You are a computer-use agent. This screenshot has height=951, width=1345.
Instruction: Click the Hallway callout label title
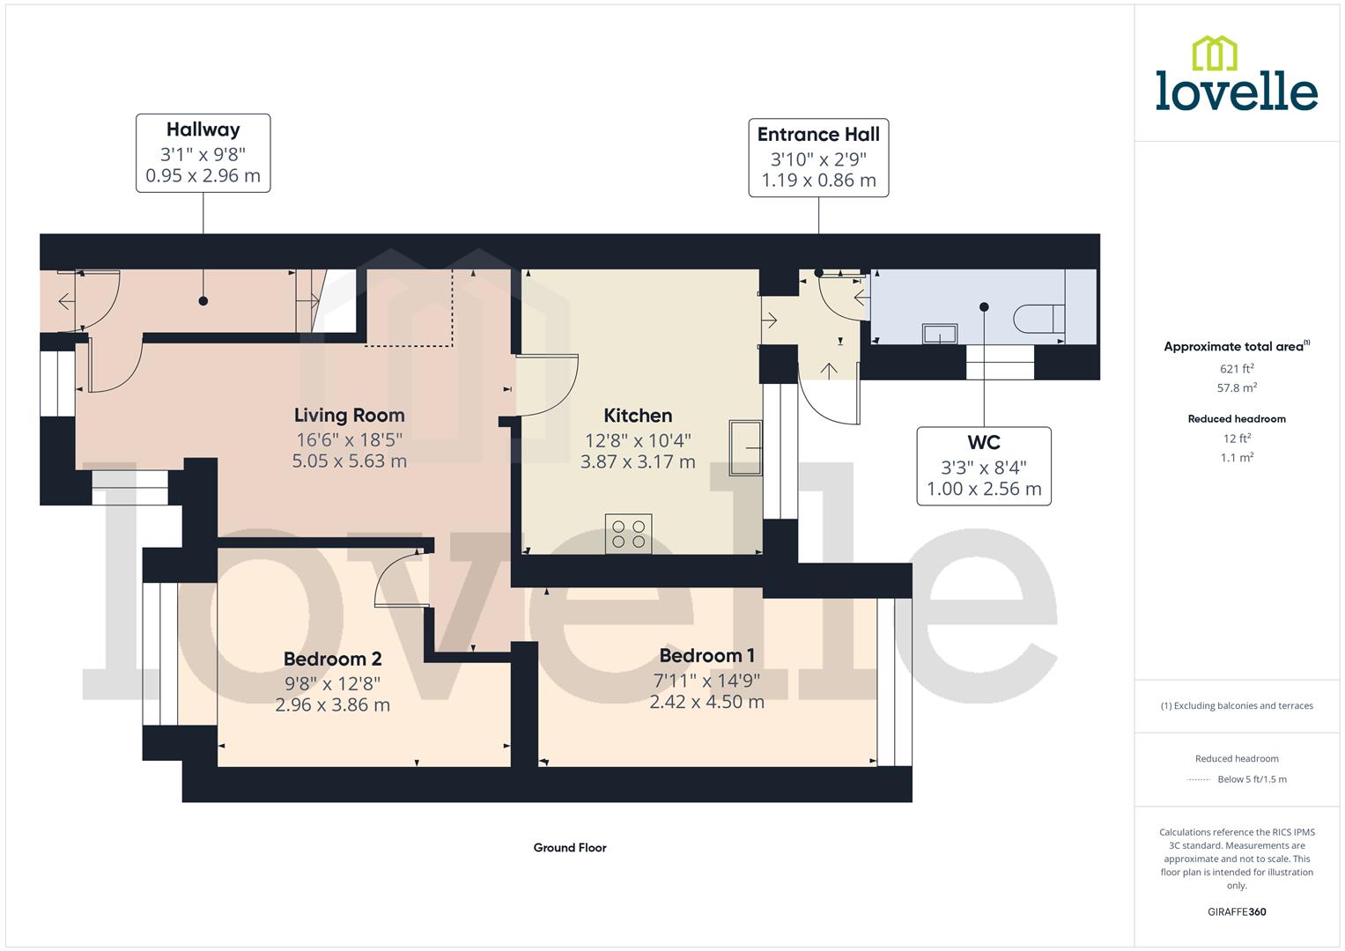203,129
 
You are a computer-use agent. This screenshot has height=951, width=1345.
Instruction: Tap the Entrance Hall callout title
818,135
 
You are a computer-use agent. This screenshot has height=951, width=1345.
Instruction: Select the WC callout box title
983,443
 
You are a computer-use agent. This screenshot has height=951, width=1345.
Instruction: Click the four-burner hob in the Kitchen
628,534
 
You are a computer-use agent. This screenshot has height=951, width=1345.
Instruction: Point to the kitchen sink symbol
745,447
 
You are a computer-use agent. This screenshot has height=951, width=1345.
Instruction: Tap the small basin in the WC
939,334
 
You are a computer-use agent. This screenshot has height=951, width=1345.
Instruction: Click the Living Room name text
349,416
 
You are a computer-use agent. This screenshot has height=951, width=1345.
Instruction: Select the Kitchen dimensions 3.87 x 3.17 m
638,461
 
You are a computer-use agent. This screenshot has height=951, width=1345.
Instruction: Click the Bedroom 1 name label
706,656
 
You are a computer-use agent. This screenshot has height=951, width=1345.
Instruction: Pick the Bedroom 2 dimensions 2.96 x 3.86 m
332,704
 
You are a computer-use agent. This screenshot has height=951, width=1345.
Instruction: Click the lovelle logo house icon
1214,53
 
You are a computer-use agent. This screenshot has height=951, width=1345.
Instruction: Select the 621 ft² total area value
1236,369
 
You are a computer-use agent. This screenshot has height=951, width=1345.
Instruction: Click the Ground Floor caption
570,848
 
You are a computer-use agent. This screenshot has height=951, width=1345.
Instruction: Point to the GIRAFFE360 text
1236,911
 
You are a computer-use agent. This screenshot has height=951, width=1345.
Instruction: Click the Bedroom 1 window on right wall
893,682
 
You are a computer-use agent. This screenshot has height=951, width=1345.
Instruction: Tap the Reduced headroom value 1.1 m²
1236,458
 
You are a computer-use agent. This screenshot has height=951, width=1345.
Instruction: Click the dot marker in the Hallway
203,301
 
